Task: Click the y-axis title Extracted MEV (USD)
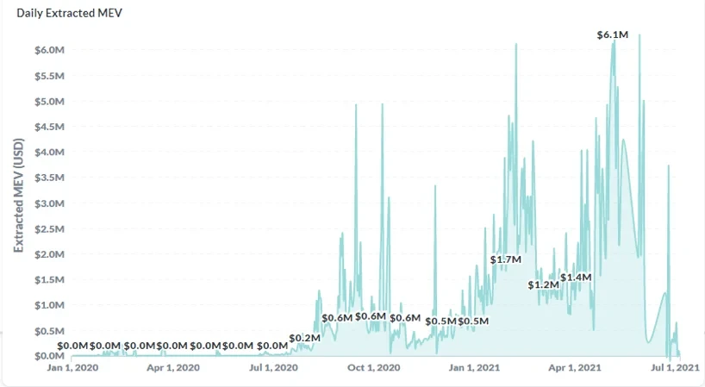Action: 19,197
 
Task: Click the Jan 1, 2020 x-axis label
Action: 74,368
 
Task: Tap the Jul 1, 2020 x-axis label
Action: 274,368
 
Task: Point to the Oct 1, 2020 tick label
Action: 374,368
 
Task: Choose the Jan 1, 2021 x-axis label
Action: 475,368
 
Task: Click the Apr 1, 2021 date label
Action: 574,368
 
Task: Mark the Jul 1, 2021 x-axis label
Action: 674,368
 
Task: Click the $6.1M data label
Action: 613,34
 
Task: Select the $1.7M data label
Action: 506,259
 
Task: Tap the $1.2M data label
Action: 544,284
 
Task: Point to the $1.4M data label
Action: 577,278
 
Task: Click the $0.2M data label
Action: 305,338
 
